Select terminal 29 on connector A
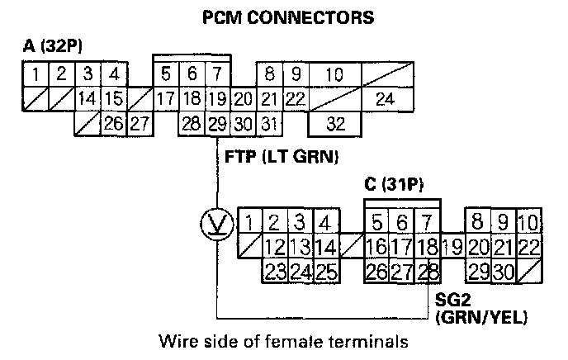point(217,125)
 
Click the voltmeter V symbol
point(217,223)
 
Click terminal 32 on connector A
point(334,125)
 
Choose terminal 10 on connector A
point(334,75)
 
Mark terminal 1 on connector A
point(35,75)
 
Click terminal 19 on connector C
point(452,246)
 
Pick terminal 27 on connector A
point(140,125)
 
